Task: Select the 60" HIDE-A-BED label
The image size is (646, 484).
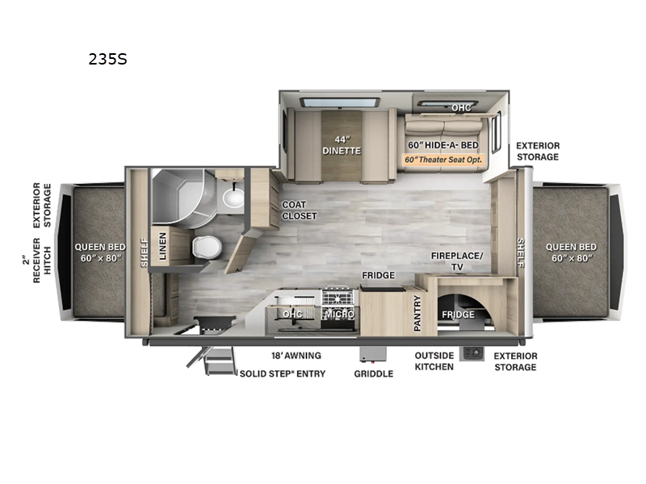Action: click(x=443, y=144)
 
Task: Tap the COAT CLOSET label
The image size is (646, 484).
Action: click(x=298, y=211)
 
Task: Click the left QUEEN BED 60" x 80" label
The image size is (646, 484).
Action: click(x=99, y=252)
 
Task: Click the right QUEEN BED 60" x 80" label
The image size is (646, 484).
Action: click(x=570, y=252)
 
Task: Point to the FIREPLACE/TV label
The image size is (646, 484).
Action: click(x=457, y=261)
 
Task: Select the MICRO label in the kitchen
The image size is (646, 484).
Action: click(x=338, y=314)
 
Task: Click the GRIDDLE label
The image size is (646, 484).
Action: click(x=373, y=373)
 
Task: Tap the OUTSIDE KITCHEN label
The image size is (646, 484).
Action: click(x=434, y=361)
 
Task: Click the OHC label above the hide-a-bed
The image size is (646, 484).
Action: click(x=461, y=106)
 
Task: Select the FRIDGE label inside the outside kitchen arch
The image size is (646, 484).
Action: click(x=457, y=314)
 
